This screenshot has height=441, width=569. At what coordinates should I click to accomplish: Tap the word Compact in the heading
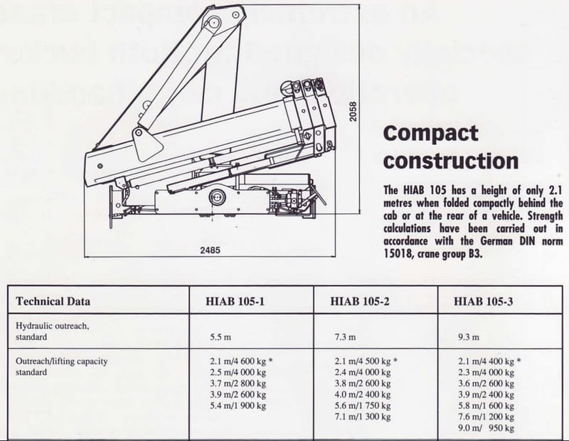point(430,134)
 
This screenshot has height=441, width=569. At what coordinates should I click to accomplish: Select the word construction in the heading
point(450,159)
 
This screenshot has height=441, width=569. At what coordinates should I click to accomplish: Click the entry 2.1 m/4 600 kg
point(238,361)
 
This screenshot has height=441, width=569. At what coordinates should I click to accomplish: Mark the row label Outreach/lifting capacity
point(62,361)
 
